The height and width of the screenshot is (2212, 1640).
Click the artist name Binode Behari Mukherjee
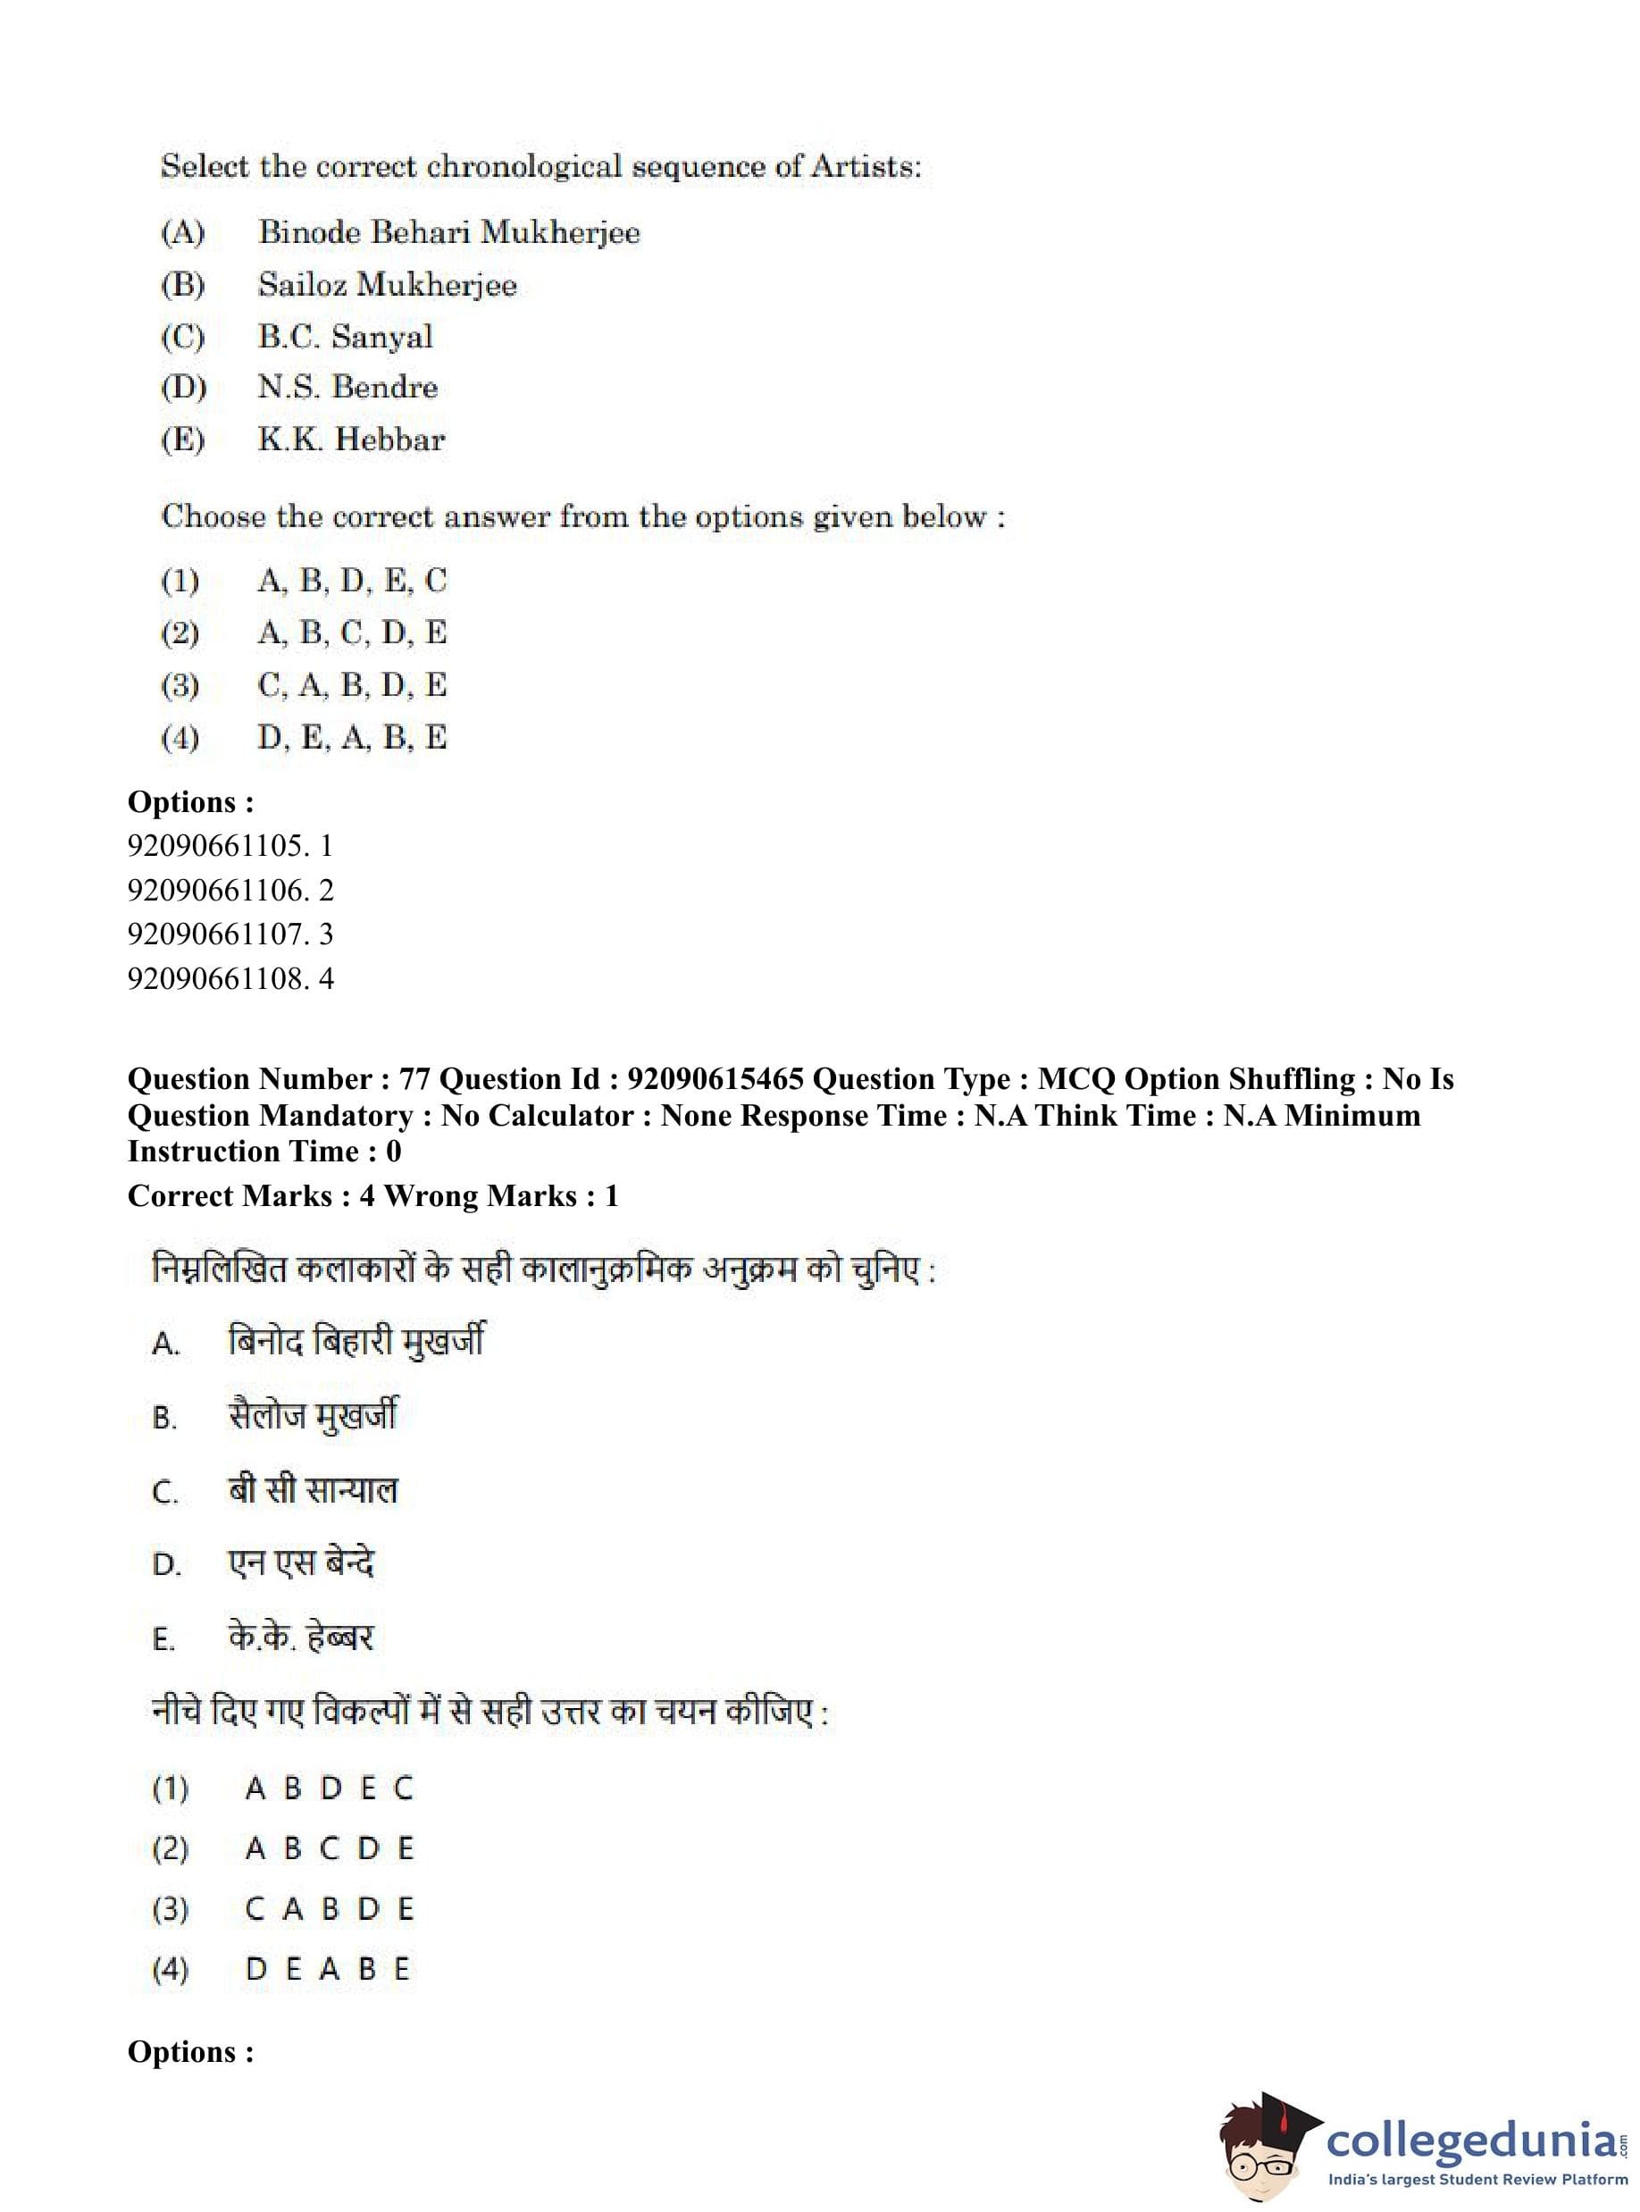[448, 232]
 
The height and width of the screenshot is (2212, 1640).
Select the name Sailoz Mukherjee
[387, 285]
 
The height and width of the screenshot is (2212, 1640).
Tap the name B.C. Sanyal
[346, 337]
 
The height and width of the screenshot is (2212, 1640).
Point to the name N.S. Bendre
[347, 387]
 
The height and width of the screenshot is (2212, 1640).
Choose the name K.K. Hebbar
[351, 439]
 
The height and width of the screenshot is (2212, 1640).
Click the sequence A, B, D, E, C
[351, 580]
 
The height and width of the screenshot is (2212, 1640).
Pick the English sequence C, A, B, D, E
[351, 685]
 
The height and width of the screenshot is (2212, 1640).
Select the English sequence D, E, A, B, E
[351, 738]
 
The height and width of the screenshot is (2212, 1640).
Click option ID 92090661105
[219, 846]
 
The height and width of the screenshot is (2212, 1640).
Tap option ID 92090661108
[219, 979]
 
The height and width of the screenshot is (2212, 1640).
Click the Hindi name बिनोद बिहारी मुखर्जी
[356, 1341]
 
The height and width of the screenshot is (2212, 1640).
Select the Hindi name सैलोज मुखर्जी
[312, 1416]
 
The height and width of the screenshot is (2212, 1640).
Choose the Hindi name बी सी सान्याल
[312, 1489]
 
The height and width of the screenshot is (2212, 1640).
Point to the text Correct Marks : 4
[251, 1196]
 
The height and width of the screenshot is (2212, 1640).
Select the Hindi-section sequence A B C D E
[329, 1848]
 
